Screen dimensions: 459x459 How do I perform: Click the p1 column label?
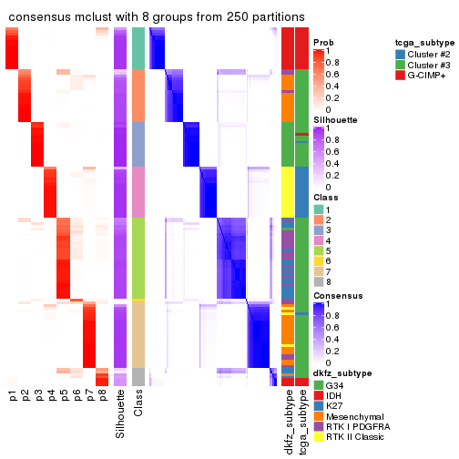[13, 396]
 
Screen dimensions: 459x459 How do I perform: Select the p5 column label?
[64, 396]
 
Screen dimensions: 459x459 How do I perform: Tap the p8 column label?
[102, 396]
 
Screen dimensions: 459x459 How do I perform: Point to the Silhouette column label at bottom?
[120, 414]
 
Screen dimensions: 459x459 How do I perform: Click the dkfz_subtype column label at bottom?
[288, 422]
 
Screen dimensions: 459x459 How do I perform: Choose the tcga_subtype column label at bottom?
[301, 422]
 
